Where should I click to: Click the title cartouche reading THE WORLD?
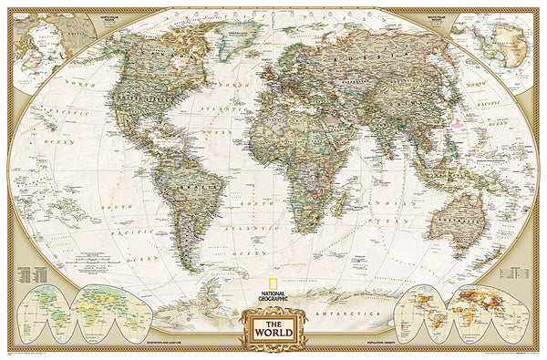tap(273, 325)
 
